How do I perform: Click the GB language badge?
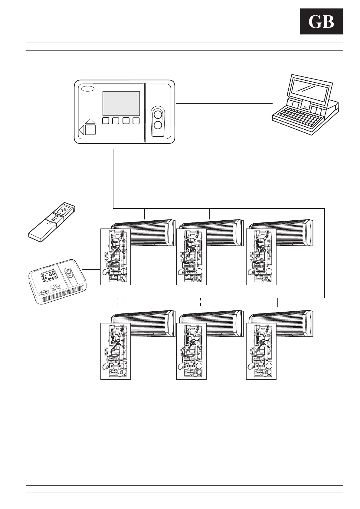[x=321, y=22]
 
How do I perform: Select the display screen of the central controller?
[x=121, y=103]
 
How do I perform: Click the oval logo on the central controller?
[x=87, y=89]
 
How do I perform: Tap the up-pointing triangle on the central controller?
[x=90, y=122]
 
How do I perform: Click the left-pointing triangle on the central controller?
[x=81, y=130]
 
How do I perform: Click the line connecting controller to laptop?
[x=224, y=103]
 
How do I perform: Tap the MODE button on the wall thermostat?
[x=53, y=286]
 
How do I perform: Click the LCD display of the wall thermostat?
[x=47, y=276]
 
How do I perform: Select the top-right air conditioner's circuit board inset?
[x=261, y=257]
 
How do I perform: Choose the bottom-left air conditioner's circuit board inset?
[x=116, y=351]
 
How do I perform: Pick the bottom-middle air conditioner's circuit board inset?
[x=191, y=351]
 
